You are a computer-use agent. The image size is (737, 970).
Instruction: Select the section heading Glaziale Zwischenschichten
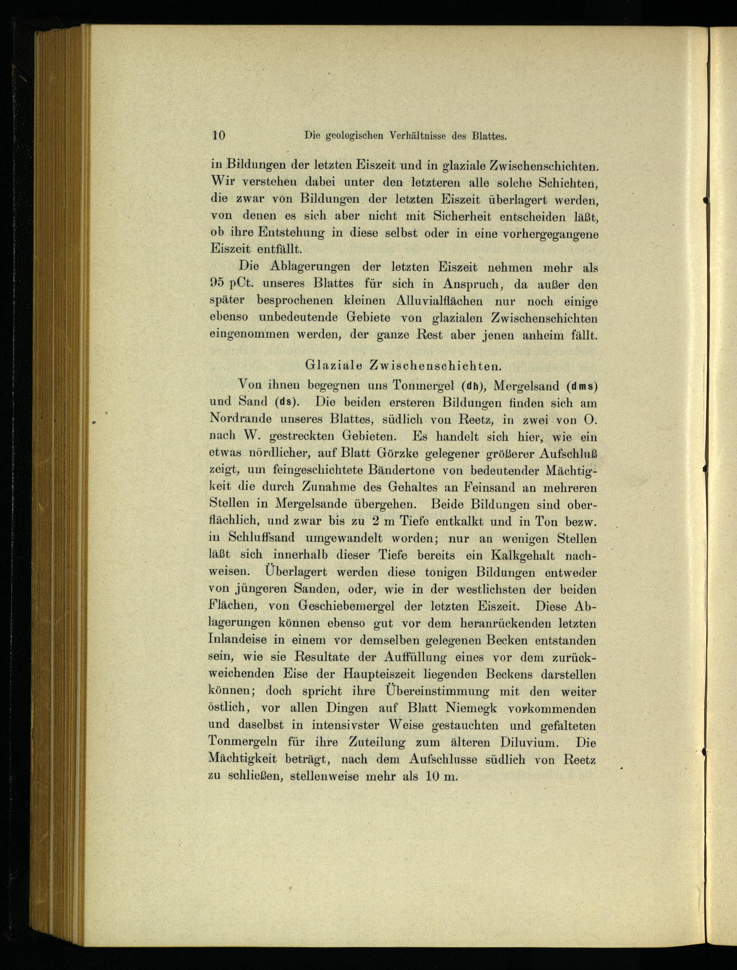tap(403, 365)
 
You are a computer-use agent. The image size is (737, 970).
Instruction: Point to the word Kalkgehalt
tap(522, 555)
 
